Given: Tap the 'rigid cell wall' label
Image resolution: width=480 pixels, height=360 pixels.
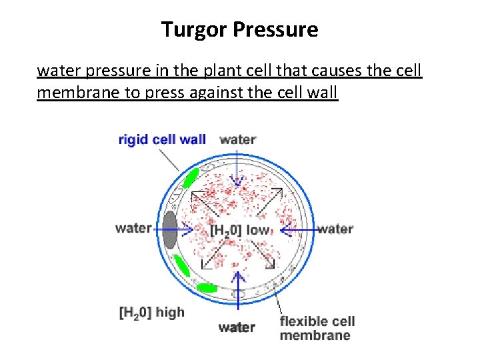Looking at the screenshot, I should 162,139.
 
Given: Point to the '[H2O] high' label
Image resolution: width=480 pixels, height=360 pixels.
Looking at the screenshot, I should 151,312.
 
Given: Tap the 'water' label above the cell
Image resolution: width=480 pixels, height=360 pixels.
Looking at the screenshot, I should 238,139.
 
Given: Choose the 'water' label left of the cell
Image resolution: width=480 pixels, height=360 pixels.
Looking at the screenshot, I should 133,228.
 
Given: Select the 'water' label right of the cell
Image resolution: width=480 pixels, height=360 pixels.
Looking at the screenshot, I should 335,229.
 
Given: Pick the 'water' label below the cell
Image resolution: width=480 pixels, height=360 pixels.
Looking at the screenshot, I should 237,327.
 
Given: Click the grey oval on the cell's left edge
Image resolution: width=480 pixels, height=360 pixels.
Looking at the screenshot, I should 170,229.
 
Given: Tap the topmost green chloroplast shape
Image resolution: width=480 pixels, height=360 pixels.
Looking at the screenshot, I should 191,177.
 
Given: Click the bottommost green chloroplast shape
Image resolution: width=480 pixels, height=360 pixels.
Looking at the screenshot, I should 206,287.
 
